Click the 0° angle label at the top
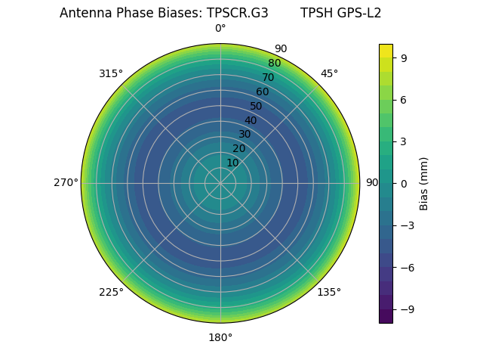(x=220, y=29)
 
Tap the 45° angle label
(x=330, y=73)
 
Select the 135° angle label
(x=329, y=292)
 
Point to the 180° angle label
(x=220, y=337)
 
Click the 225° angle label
(x=111, y=293)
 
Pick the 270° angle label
(x=66, y=182)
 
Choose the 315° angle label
(x=111, y=73)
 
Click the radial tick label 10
(x=232, y=163)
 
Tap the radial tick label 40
(x=251, y=120)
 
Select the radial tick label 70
(x=268, y=77)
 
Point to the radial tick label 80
(x=274, y=63)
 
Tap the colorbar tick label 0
(x=405, y=183)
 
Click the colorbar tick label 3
(x=405, y=141)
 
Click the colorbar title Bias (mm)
(x=424, y=183)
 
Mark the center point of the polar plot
(x=220, y=183)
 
